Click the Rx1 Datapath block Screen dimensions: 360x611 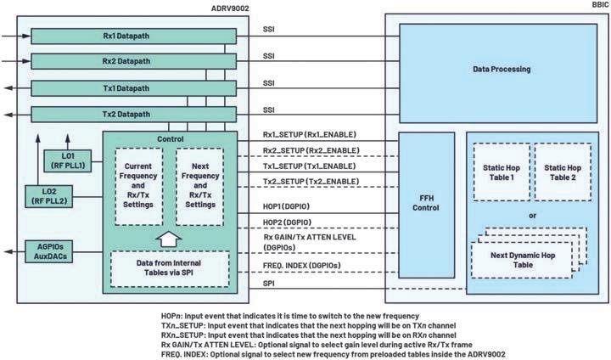133,37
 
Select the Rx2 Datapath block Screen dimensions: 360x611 133,62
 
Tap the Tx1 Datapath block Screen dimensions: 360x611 133,87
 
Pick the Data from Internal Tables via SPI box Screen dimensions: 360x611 169,269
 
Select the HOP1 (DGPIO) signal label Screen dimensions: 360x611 287,206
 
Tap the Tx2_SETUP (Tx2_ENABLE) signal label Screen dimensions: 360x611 311,182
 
